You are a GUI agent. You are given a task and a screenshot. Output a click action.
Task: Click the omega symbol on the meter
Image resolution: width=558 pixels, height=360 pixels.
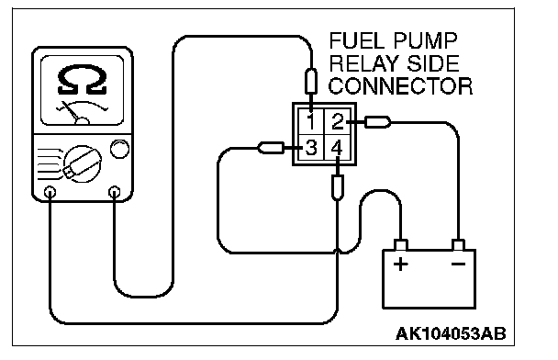tap(83, 79)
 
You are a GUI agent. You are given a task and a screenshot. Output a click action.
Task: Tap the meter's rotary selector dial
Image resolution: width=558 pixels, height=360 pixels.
tap(83, 163)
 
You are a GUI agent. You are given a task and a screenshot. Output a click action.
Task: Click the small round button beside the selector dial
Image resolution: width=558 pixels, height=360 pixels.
tap(119, 149)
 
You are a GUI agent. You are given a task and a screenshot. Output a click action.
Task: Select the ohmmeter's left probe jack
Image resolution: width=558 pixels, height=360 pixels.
tap(50, 192)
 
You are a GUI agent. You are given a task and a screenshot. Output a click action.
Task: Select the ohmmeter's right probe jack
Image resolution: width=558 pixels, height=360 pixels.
tap(114, 192)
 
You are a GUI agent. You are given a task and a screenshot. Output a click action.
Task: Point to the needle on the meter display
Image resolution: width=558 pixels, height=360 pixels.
tap(72, 111)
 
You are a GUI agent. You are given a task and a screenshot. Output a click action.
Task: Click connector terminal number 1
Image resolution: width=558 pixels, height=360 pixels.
tap(311, 121)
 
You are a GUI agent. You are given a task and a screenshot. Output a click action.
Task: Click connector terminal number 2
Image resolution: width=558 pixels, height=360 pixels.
tap(338, 121)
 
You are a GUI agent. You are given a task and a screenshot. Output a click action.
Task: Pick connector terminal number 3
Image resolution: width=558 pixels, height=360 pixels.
tap(311, 148)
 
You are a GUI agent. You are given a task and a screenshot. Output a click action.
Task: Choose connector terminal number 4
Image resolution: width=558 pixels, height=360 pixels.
tap(338, 148)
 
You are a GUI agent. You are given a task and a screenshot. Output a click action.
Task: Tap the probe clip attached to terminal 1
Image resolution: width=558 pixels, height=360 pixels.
tap(311, 82)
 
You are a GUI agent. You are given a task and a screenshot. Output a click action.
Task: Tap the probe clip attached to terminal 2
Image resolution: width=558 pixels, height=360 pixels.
tap(377, 122)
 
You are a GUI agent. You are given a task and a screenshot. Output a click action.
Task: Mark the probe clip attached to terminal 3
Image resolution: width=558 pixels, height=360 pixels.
tap(271, 148)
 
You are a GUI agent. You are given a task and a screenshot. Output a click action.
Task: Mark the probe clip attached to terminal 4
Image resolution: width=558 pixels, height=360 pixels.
tap(338, 187)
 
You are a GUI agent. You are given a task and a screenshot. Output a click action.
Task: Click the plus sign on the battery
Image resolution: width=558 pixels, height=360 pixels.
tap(401, 264)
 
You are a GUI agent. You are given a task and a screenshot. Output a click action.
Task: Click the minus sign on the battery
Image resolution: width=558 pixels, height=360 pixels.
tap(458, 264)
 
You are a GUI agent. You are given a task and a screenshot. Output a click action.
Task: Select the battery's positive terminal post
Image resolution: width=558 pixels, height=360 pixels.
tap(401, 245)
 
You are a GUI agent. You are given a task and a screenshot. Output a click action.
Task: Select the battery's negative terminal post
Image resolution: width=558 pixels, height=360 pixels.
tap(458, 245)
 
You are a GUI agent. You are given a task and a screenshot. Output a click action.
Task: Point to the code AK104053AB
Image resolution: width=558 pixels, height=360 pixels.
tap(451, 333)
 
